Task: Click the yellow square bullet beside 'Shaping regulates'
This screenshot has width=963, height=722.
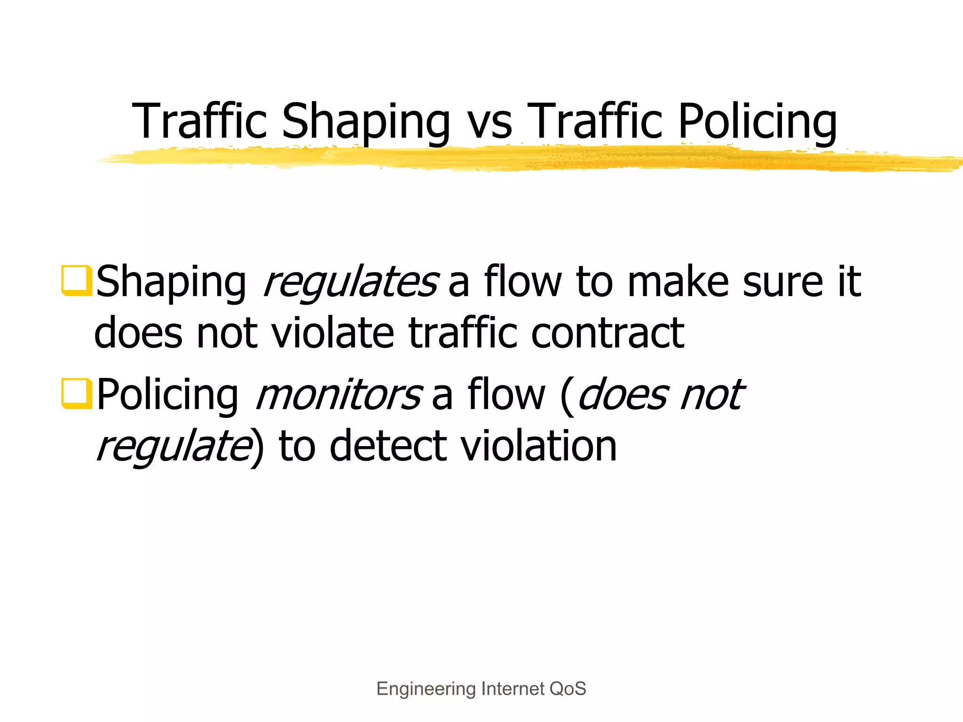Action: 76,281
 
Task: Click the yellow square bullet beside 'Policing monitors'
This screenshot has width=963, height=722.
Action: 76,393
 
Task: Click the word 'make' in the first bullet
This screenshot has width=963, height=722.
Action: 679,282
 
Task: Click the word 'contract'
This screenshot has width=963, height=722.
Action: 608,333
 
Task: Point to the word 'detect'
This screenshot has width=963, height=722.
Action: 388,446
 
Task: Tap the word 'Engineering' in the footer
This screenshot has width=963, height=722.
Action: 426,689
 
